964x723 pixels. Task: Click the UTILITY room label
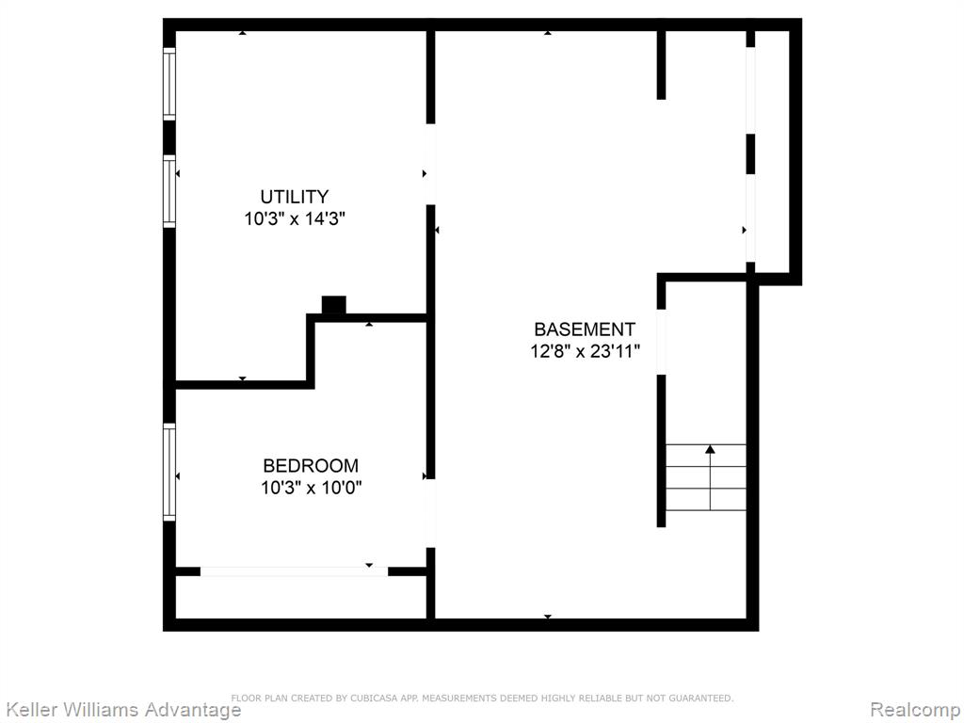coord(294,197)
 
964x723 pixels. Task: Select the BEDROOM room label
coord(311,465)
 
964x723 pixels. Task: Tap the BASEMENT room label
coord(584,329)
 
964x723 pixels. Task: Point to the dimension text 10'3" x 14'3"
coord(295,218)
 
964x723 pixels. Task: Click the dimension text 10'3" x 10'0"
coord(311,489)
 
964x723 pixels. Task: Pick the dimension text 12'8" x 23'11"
coord(586,352)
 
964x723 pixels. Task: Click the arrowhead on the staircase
coord(710,449)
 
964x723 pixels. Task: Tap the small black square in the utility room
coord(334,305)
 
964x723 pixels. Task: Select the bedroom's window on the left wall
coord(169,473)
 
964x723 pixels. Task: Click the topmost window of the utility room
coord(169,84)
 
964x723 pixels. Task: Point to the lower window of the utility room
coord(169,191)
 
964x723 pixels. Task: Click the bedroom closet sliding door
coord(294,571)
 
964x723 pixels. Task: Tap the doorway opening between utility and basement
coord(430,164)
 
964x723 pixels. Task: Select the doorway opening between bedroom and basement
coord(430,513)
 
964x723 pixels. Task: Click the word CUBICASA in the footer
coord(375,698)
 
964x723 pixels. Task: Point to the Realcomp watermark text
coord(915,710)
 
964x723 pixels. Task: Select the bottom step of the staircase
coord(706,500)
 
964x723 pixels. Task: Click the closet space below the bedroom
coord(300,597)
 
